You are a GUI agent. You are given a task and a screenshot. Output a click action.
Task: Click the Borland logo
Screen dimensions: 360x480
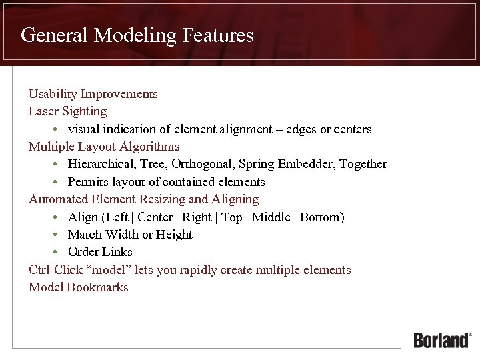click(x=442, y=340)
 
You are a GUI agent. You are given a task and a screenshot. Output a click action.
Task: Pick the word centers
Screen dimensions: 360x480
click(x=352, y=129)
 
